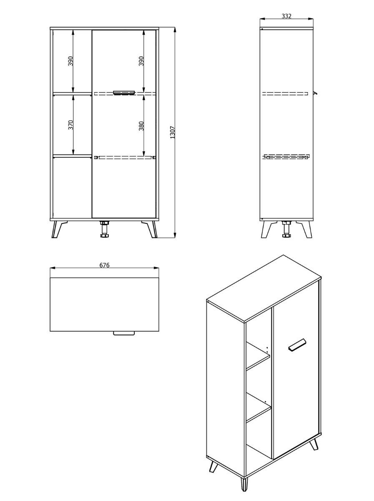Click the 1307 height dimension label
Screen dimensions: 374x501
pos(173,132)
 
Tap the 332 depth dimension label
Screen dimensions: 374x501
pos(286,16)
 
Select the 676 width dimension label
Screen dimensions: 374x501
pos(104,265)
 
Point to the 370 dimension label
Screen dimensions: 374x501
pos(70,125)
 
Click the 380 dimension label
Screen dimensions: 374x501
pos(141,126)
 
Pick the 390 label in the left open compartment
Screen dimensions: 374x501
pos(70,61)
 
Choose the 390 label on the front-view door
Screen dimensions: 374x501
pos(141,61)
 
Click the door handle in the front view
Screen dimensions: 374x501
pos(124,92)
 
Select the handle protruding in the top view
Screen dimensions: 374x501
pos(123,333)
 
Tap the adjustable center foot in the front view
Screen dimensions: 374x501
pos(104,229)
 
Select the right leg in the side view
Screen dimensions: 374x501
pos(305,229)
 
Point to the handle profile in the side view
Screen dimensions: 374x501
pos(315,93)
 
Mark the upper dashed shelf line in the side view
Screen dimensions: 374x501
pos(285,94)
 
